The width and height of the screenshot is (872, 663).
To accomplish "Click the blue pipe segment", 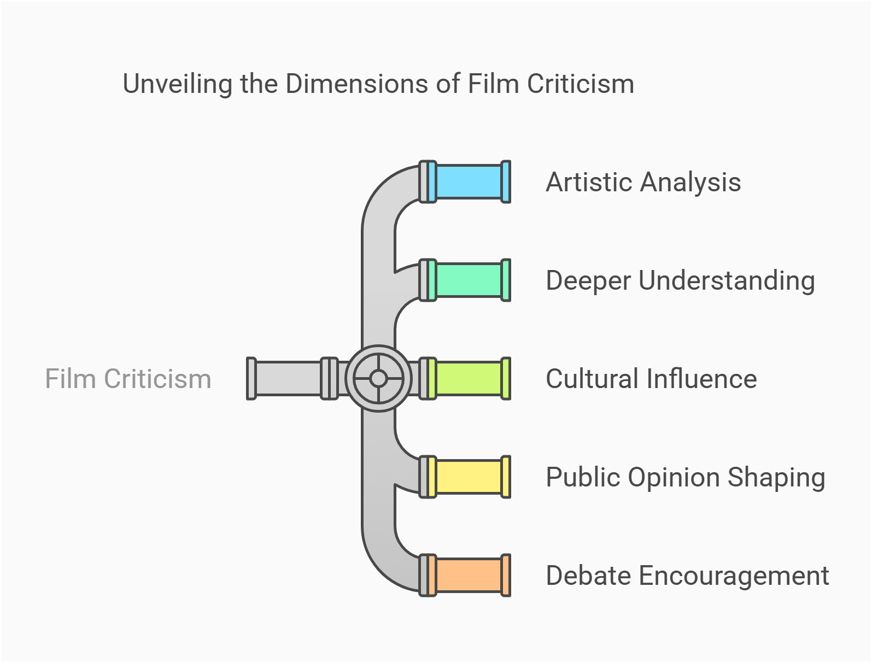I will coord(469,182).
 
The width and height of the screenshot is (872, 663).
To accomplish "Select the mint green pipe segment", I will coord(469,280).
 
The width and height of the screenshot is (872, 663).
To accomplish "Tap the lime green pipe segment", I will coord(469,379).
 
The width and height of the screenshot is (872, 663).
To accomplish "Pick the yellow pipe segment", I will coord(469,477).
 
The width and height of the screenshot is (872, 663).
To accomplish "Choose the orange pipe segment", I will coord(469,576).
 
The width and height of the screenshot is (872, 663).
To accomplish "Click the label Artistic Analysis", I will coord(643,183).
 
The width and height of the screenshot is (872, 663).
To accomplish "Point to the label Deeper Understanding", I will coord(680,281).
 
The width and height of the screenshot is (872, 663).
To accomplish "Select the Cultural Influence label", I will coord(651,379).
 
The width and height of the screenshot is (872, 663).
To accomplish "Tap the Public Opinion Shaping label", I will coord(685,478).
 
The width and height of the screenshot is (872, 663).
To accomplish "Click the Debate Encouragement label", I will coord(687,576).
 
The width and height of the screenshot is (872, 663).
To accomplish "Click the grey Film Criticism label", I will coord(128,379).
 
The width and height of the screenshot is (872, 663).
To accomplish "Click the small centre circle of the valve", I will coord(378,378).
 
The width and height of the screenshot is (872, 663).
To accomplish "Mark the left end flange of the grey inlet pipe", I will coord(251,378).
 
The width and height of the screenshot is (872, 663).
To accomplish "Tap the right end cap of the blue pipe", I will coord(506,182).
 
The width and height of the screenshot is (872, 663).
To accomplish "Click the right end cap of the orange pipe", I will coord(506,576).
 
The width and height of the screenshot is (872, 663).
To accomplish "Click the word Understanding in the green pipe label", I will coord(727,281).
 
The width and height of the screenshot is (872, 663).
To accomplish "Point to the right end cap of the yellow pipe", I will coord(506,477).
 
